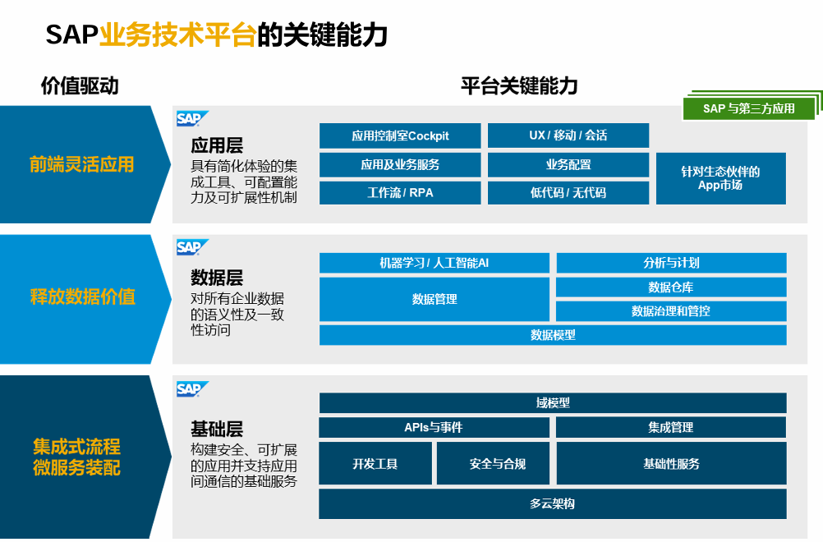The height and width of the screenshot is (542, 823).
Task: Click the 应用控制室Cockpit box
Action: (x=400, y=135)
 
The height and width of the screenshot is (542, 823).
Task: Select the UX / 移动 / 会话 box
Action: (x=568, y=135)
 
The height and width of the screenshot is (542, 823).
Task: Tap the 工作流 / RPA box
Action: (x=400, y=193)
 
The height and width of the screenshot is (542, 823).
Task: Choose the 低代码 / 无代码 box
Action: (x=568, y=193)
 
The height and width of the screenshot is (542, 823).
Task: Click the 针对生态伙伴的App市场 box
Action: (x=720, y=178)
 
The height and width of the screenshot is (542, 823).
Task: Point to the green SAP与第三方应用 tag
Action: (x=748, y=108)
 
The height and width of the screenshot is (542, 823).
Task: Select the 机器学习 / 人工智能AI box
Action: (x=434, y=263)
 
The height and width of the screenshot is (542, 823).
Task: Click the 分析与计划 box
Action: (x=671, y=263)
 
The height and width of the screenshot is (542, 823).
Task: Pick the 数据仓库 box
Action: (x=671, y=287)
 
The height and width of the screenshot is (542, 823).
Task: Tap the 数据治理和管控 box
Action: (x=671, y=311)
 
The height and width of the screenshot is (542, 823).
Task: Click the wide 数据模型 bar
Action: (x=553, y=335)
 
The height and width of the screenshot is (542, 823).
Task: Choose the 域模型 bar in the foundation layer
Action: (x=553, y=403)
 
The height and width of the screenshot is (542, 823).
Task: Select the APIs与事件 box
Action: (x=434, y=428)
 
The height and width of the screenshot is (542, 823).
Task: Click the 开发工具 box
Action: (x=375, y=464)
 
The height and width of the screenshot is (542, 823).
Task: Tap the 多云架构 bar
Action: (x=553, y=503)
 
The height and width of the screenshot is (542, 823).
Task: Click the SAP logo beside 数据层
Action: (x=192, y=247)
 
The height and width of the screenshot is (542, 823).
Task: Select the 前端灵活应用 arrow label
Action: (x=81, y=164)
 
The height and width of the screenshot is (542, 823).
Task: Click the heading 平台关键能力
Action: (x=519, y=85)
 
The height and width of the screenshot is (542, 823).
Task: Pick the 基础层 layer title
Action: (x=217, y=429)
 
